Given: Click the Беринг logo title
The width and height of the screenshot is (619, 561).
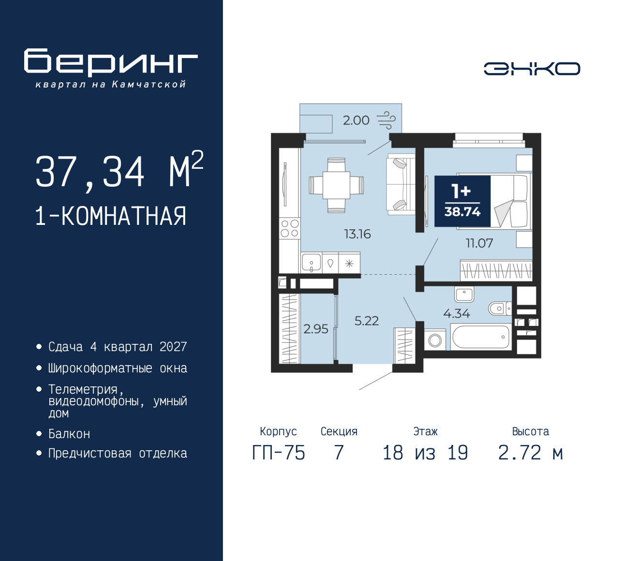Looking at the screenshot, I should point(111,62).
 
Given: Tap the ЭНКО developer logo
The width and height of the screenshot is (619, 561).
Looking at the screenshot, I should point(531,69).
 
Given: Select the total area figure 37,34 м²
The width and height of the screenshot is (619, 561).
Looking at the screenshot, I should point(119,171).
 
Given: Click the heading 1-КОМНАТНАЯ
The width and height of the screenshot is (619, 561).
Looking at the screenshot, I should point(111,216).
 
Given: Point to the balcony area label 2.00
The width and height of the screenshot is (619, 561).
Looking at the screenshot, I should point(356,120).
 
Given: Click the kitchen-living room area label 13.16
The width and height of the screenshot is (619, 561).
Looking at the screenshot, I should point(357,234).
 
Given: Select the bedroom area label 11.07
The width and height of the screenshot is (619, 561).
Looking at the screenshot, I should point(479,243).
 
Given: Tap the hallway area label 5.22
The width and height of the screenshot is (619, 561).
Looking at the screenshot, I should point(367,321).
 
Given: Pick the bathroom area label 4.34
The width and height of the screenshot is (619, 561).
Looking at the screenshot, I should point(457,313).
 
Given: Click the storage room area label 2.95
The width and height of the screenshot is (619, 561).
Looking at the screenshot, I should point(316,329).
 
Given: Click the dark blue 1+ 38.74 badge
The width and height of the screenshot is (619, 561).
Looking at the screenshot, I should point(462,201).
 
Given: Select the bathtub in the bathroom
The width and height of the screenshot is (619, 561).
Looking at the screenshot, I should point(481,337).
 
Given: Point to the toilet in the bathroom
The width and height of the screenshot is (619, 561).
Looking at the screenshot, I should point(499,308).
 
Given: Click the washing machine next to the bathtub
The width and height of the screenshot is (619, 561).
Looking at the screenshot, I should point(435,340).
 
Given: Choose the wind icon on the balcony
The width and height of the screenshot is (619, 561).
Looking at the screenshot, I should point(386,119).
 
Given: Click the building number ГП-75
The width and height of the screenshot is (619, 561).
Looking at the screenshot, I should point(279,453).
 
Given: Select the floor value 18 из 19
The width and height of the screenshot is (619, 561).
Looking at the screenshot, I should point(425,453).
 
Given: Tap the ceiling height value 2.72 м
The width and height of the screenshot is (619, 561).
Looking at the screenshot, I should point(530,453).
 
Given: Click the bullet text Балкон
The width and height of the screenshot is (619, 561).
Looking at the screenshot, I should point(69,434).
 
